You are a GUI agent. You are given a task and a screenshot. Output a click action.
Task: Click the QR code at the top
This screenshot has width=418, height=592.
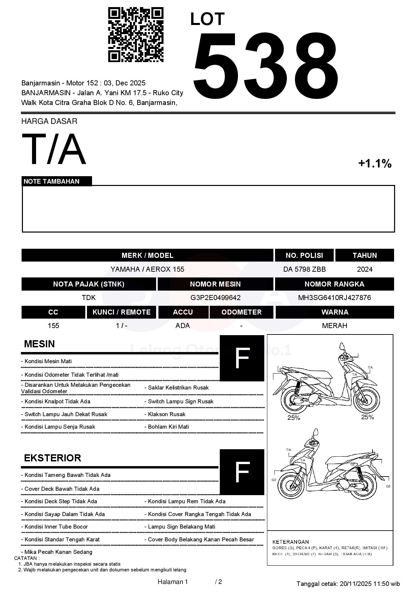click(136, 35)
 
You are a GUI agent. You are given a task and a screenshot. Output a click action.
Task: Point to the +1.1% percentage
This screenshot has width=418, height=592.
click(375, 164)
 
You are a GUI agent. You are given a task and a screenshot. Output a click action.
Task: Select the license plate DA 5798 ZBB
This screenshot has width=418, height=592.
click(304, 269)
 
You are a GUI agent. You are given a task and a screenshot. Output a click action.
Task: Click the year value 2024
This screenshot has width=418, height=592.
click(364, 269)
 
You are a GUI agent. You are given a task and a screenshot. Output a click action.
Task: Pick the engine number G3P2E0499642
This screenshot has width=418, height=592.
click(215, 298)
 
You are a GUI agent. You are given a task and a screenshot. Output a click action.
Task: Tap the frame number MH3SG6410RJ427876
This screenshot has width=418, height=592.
click(334, 298)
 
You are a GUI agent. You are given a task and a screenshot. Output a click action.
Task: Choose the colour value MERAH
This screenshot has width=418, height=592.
click(334, 326)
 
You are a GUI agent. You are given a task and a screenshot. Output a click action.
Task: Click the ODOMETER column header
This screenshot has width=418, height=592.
click(241, 312)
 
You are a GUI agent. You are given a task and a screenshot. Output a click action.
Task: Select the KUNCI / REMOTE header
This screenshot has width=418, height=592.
click(121, 312)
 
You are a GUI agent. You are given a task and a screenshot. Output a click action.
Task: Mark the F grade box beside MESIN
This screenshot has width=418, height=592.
click(242, 358)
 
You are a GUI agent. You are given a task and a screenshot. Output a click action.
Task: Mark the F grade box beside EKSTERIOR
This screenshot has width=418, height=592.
click(242, 472)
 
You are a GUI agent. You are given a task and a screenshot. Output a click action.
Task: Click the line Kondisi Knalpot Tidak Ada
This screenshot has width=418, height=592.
click(57, 402)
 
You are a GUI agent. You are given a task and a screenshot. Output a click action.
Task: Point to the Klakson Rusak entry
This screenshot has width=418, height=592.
click(167, 414)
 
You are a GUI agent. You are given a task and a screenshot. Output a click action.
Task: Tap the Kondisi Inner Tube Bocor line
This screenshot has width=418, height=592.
click(56, 527)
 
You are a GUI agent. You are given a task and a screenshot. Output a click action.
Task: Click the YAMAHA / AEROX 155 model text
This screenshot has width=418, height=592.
click(147, 269)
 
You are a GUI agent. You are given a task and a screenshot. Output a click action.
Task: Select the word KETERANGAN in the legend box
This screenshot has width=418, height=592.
click(290, 542)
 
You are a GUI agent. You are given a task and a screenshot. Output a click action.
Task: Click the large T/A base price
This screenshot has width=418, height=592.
click(54, 149)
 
